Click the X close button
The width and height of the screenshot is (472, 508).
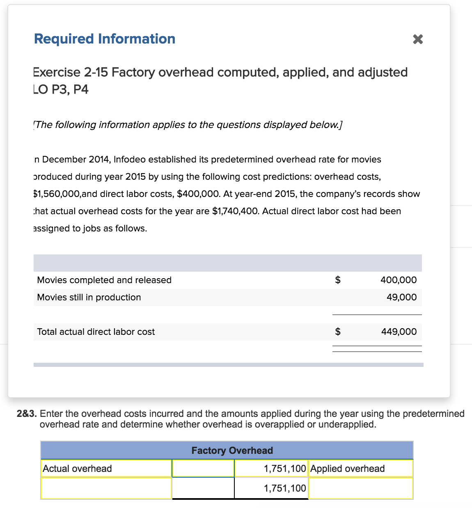click(417, 39)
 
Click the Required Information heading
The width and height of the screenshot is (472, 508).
click(105, 39)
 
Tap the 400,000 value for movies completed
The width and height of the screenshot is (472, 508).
click(398, 280)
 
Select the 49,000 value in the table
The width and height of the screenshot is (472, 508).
click(401, 297)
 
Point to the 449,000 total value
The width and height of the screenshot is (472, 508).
click(399, 332)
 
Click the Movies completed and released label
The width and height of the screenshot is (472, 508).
click(104, 280)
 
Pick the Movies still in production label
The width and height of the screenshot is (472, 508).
click(89, 297)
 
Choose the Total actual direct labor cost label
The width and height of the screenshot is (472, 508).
click(96, 332)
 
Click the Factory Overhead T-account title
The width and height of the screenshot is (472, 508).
click(232, 451)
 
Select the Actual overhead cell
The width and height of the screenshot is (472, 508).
click(106, 469)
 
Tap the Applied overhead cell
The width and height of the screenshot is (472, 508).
click(360, 469)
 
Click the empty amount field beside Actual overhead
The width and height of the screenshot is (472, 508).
click(203, 469)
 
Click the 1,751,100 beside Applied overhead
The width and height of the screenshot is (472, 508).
click(285, 469)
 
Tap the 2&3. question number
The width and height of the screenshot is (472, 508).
click(27, 414)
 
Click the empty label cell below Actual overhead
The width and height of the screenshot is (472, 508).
click(106, 488)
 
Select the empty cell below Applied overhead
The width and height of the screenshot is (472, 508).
click(360, 488)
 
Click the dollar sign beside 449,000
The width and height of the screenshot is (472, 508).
click(338, 332)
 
